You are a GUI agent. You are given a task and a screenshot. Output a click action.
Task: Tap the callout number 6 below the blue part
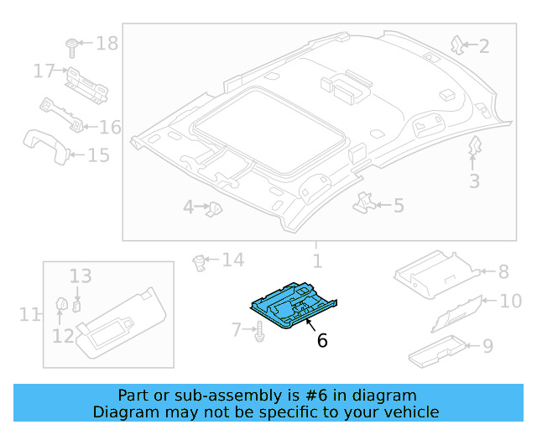(321, 340)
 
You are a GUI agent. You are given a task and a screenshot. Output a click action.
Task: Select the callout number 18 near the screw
(107, 44)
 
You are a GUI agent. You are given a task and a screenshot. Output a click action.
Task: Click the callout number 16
(110, 128)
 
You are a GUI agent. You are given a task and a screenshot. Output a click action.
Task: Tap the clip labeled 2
(457, 45)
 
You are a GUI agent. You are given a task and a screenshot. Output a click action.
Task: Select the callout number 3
(474, 181)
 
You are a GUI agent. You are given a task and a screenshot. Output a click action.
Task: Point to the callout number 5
(398, 205)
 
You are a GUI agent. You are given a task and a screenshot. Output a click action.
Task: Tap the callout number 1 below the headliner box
(316, 261)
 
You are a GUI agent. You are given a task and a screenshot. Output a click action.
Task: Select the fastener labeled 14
(201, 262)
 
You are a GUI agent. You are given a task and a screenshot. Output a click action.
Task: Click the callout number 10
(510, 301)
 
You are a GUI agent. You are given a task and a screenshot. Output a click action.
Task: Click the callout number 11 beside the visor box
(29, 315)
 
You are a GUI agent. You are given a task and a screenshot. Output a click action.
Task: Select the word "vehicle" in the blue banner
(407, 412)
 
